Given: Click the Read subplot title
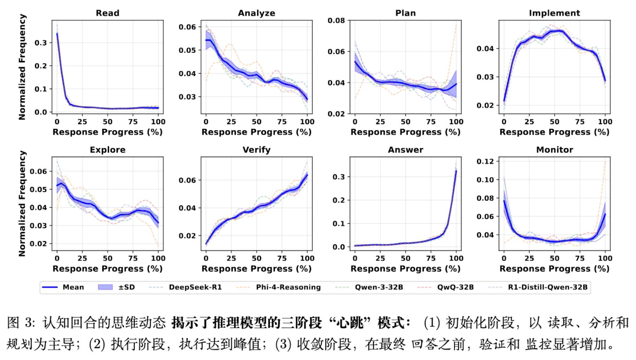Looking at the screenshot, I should pyautogui.click(x=108, y=13).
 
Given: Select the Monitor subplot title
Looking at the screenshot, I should pyautogui.click(x=554, y=150).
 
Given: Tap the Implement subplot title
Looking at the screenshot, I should pyautogui.click(x=554, y=13).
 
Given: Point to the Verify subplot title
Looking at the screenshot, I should pyautogui.click(x=257, y=150).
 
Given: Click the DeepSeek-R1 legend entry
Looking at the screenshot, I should pyautogui.click(x=195, y=287).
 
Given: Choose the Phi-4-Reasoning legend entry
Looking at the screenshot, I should pyautogui.click(x=288, y=287).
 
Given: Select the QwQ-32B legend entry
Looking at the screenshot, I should pyautogui.click(x=455, y=287).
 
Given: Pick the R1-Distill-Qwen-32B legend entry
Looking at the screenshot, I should pyautogui.click(x=547, y=287).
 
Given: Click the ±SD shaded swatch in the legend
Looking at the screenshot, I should pyautogui.click(x=105, y=287).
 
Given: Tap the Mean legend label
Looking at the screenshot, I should pyautogui.click(x=73, y=287).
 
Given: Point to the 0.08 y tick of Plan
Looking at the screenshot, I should pyautogui.click(x=336, y=20).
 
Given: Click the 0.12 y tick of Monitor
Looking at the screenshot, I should pyautogui.click(x=485, y=161).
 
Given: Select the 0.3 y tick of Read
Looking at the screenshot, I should pyautogui.click(x=40, y=43).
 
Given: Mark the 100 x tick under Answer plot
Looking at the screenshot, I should pyautogui.click(x=456, y=258).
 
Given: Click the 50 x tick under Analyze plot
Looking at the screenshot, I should pyautogui.click(x=257, y=122).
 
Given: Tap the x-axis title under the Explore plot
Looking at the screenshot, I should pyautogui.click(x=108, y=269).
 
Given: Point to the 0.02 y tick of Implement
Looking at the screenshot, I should pyautogui.click(x=485, y=105).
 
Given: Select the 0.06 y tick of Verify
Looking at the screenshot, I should pyautogui.click(x=187, y=180).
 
